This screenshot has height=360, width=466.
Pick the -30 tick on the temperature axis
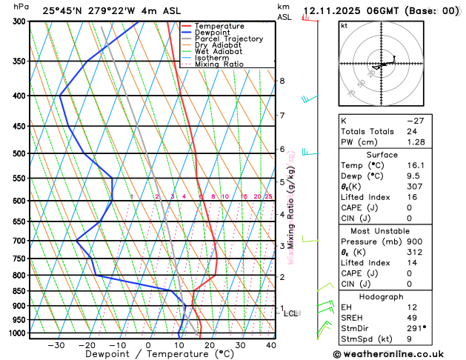tap(56, 345)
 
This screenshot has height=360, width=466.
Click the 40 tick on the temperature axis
tap(271, 345)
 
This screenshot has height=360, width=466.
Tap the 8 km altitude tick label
tap(282, 81)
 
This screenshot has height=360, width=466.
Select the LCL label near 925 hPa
tap(291, 314)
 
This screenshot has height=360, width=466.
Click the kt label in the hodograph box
tap(344, 26)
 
